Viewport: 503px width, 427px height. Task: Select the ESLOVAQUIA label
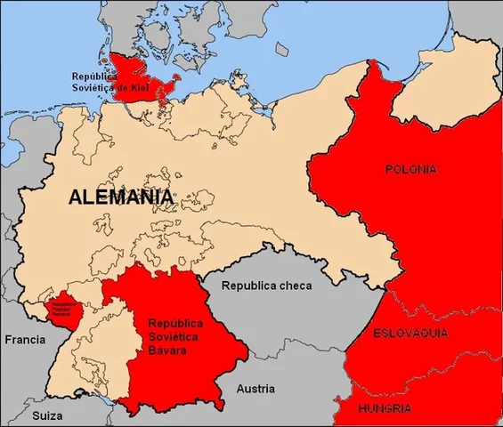click(x=410, y=333)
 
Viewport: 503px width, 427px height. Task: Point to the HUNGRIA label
click(x=384, y=409)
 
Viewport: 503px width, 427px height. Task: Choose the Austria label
click(x=256, y=389)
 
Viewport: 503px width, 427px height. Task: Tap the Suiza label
click(x=42, y=415)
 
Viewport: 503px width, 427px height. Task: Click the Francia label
click(x=24, y=340)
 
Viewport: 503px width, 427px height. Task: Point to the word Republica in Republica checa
click(x=247, y=286)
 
